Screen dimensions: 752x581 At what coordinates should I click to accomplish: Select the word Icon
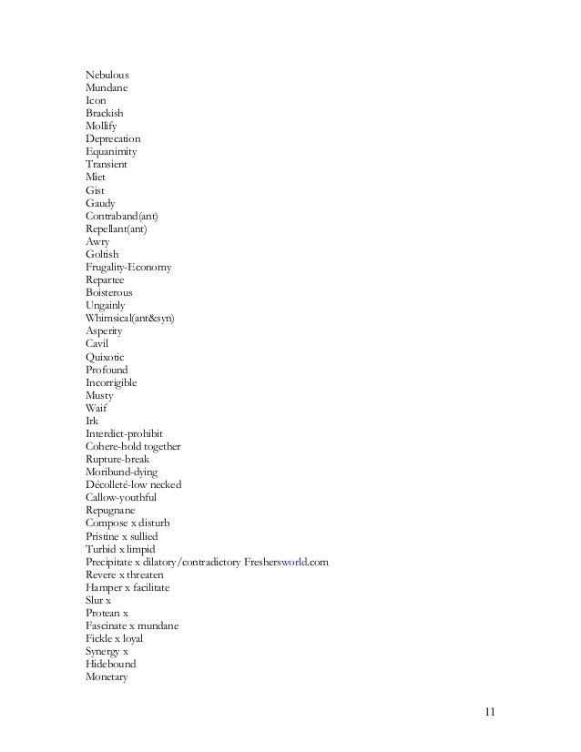point(96,100)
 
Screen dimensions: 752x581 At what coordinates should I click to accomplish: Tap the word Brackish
point(105,113)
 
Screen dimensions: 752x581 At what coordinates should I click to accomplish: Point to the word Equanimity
point(112,151)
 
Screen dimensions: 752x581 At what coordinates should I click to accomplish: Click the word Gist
point(95,190)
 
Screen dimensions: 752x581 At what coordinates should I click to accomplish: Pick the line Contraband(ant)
point(127,216)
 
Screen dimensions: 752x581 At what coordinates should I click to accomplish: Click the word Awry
point(97,241)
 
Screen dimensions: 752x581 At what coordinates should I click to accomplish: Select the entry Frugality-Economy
point(127,268)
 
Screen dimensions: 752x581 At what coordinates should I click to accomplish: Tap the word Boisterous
point(108,293)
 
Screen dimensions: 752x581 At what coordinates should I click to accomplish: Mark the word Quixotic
point(106,357)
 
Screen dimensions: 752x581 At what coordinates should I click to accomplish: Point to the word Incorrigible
point(111,383)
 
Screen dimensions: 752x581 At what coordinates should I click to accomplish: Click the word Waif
point(96,409)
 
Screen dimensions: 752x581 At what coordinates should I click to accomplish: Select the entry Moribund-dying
point(121,473)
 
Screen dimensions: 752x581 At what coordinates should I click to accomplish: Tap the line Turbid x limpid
point(120,550)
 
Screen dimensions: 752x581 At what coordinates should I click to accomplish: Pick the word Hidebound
point(109,665)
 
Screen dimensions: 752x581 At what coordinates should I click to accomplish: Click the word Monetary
point(107,677)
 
